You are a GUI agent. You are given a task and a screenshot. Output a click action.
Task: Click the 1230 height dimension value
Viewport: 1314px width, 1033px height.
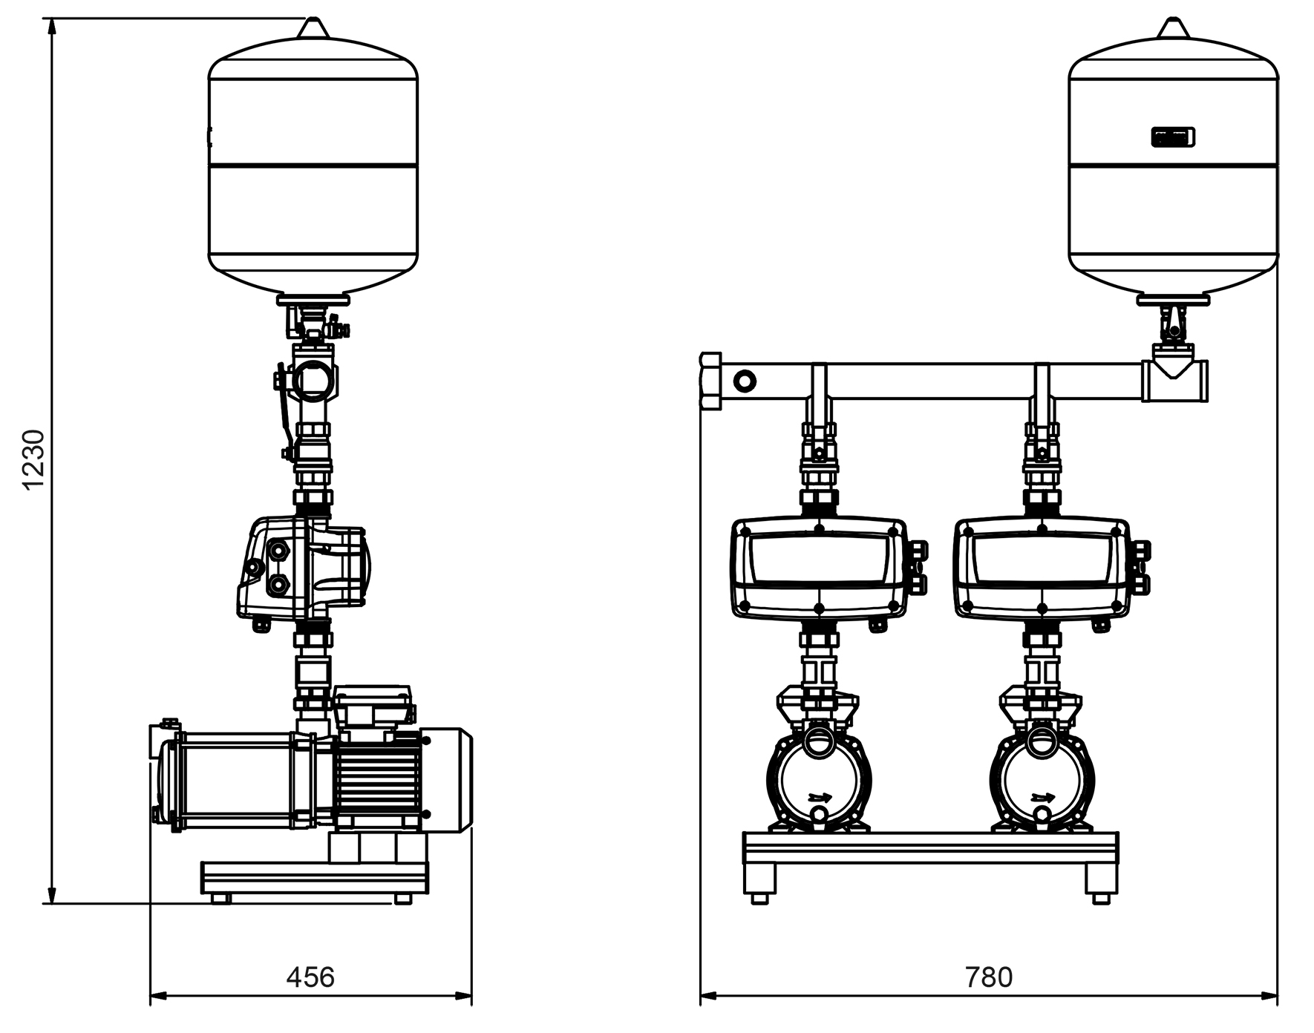tap(34, 459)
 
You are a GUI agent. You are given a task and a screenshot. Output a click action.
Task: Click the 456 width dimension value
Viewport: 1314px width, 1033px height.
tap(310, 977)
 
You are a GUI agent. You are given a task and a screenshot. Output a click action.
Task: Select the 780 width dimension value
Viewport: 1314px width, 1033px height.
tap(989, 977)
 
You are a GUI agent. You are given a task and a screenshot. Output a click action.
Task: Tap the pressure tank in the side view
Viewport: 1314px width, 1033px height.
tap(313, 163)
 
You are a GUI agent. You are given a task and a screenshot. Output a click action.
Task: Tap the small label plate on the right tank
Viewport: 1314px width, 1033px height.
tap(1173, 137)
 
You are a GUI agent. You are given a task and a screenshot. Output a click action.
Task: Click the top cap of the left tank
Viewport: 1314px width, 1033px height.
tap(313, 27)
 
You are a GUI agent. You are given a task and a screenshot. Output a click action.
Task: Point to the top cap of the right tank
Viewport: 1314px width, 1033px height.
tap(1173, 27)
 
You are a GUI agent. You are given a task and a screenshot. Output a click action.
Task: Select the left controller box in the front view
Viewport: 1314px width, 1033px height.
tap(820, 568)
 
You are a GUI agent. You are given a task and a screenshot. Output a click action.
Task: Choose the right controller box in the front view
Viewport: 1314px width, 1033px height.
tap(1042, 568)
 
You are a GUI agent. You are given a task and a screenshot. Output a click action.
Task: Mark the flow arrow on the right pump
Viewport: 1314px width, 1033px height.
tap(1043, 798)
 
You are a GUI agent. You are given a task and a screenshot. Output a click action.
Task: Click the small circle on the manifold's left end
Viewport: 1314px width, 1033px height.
tap(744, 381)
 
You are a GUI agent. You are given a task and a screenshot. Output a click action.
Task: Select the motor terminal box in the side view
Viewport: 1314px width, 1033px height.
tap(372, 706)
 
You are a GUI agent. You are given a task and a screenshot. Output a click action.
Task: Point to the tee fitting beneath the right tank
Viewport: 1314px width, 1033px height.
tap(1174, 381)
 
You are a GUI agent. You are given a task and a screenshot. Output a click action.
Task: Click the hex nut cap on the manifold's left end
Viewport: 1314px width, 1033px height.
tap(710, 381)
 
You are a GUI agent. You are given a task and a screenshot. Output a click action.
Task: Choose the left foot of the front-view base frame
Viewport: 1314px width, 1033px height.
tap(759, 883)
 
